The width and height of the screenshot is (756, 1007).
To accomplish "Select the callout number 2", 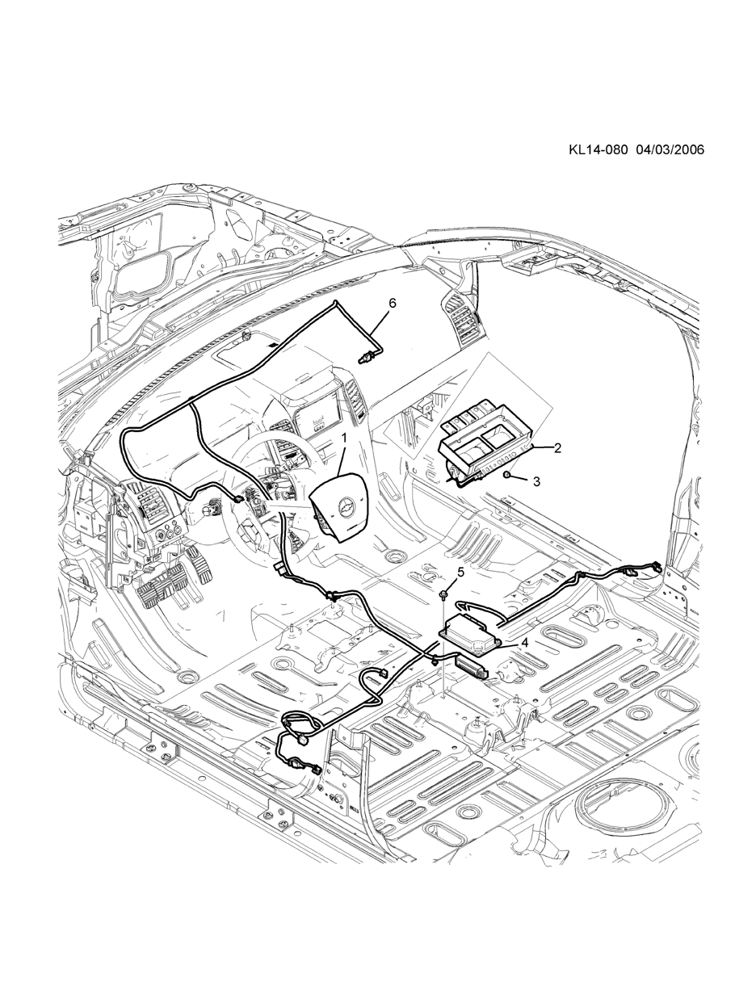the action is click(557, 448).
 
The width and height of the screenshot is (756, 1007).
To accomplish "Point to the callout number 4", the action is click(524, 643).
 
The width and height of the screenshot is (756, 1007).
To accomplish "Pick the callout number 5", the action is click(460, 572).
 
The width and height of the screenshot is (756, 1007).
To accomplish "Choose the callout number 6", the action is click(393, 303).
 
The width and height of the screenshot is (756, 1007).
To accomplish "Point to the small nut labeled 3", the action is click(506, 476).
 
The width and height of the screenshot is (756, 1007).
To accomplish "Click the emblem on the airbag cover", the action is click(346, 509).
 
